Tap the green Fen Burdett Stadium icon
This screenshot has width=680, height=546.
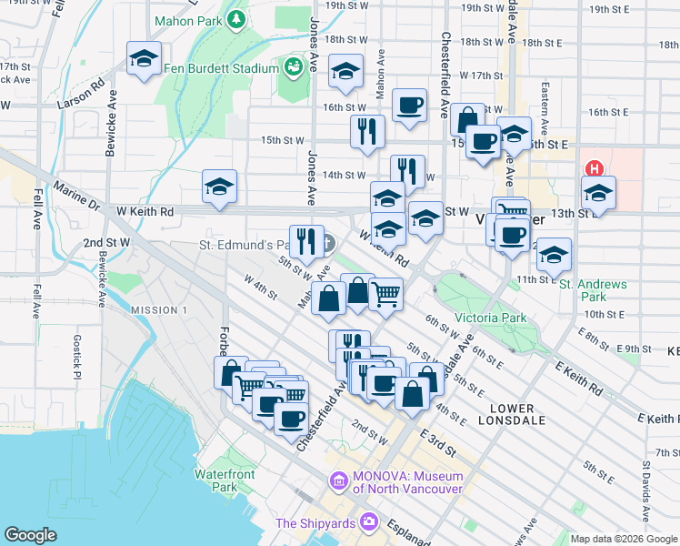[293, 68]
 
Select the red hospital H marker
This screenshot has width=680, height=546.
[595, 169]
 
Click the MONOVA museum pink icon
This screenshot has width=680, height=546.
[338, 480]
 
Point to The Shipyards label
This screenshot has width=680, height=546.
[318, 522]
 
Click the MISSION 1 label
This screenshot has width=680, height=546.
[158, 310]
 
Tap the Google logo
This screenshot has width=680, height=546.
[31, 534]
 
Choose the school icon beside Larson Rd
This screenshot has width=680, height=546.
[145, 59]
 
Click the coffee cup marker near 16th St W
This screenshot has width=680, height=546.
[410, 105]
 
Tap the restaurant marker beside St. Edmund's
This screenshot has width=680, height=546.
[306, 242]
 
